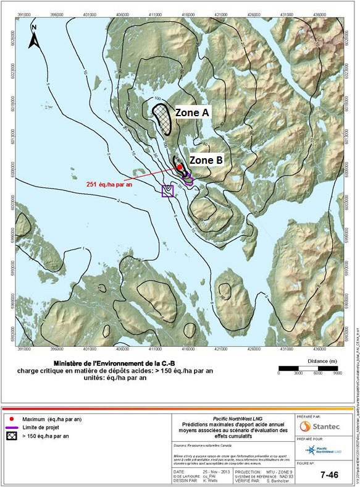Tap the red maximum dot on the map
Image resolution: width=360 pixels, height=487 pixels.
tap(179, 167)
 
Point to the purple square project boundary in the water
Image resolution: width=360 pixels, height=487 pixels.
tap(167, 191)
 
